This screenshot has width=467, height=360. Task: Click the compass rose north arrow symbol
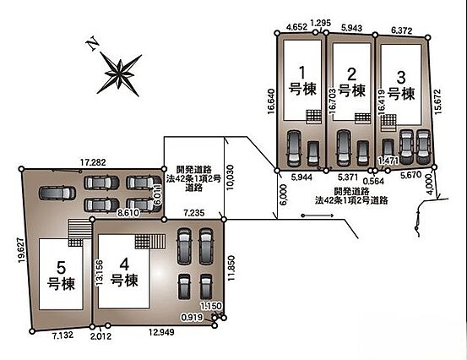click(119, 74)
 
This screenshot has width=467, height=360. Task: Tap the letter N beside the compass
click(93, 43)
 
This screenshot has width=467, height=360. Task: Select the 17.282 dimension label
click(93, 162)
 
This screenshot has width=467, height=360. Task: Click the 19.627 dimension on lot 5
click(21, 250)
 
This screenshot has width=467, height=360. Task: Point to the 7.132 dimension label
click(62, 335)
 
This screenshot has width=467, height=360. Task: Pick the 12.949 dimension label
click(162, 332)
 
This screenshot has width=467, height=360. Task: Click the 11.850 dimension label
click(231, 268)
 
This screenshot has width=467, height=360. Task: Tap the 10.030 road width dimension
click(230, 177)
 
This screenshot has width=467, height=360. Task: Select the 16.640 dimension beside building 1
click(271, 101)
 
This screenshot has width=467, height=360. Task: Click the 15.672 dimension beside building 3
click(437, 101)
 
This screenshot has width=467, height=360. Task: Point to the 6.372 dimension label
click(402, 30)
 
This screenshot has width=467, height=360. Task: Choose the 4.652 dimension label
click(296, 27)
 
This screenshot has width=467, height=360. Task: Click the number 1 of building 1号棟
click(302, 73)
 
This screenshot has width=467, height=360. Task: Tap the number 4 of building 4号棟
click(124, 264)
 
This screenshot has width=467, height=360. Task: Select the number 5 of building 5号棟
click(61, 267)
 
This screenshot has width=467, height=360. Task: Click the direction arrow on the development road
click(318, 215)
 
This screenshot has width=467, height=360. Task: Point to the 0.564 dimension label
click(373, 181)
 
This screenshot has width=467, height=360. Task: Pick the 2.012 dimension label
click(101, 336)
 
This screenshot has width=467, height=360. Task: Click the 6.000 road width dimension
click(284, 194)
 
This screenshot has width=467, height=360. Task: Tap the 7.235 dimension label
click(194, 213)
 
